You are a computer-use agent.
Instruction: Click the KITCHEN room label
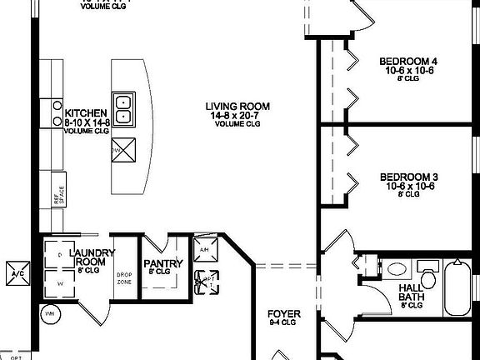[x=87, y=112]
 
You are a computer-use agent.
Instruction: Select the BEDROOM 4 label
[x=408, y=62]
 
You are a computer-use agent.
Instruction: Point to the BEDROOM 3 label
[x=408, y=177]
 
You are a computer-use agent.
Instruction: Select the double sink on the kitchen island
[x=123, y=103]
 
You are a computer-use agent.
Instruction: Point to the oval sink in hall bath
[x=397, y=269]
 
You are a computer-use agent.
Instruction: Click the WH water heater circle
[x=49, y=314]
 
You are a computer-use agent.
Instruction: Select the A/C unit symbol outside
[x=16, y=275]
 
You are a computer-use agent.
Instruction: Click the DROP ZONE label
[x=124, y=277]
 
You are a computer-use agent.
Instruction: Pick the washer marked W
[x=60, y=283]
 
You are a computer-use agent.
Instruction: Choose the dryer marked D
[x=60, y=254]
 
